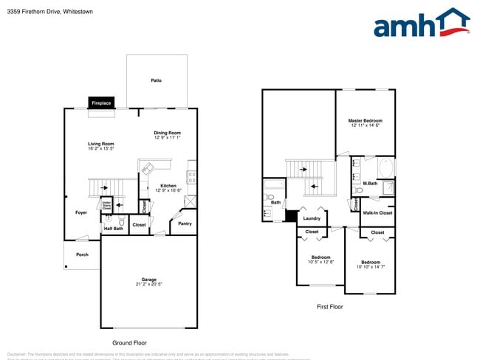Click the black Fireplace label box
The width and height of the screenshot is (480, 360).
coord(102,103)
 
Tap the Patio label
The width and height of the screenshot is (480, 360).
coord(156,80)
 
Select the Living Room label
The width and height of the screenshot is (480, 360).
coord(100,144)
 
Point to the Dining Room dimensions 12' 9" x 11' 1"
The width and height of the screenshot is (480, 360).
coord(168,138)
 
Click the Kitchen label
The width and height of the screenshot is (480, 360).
coord(168,185)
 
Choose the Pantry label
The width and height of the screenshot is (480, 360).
coord(185,224)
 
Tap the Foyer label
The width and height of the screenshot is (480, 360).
coord(81,212)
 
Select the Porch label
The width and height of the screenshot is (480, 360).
coord(82,255)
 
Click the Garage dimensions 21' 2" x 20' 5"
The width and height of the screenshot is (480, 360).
coord(150,284)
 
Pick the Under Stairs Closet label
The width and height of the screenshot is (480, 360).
coord(106,206)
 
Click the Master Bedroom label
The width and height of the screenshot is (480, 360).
coord(366,120)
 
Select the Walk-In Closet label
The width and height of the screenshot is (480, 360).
coord(377,213)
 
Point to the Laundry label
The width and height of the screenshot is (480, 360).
coord(312,218)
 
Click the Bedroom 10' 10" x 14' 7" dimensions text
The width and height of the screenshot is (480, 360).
coord(371,266)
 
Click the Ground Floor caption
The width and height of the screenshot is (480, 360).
coord(129,343)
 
